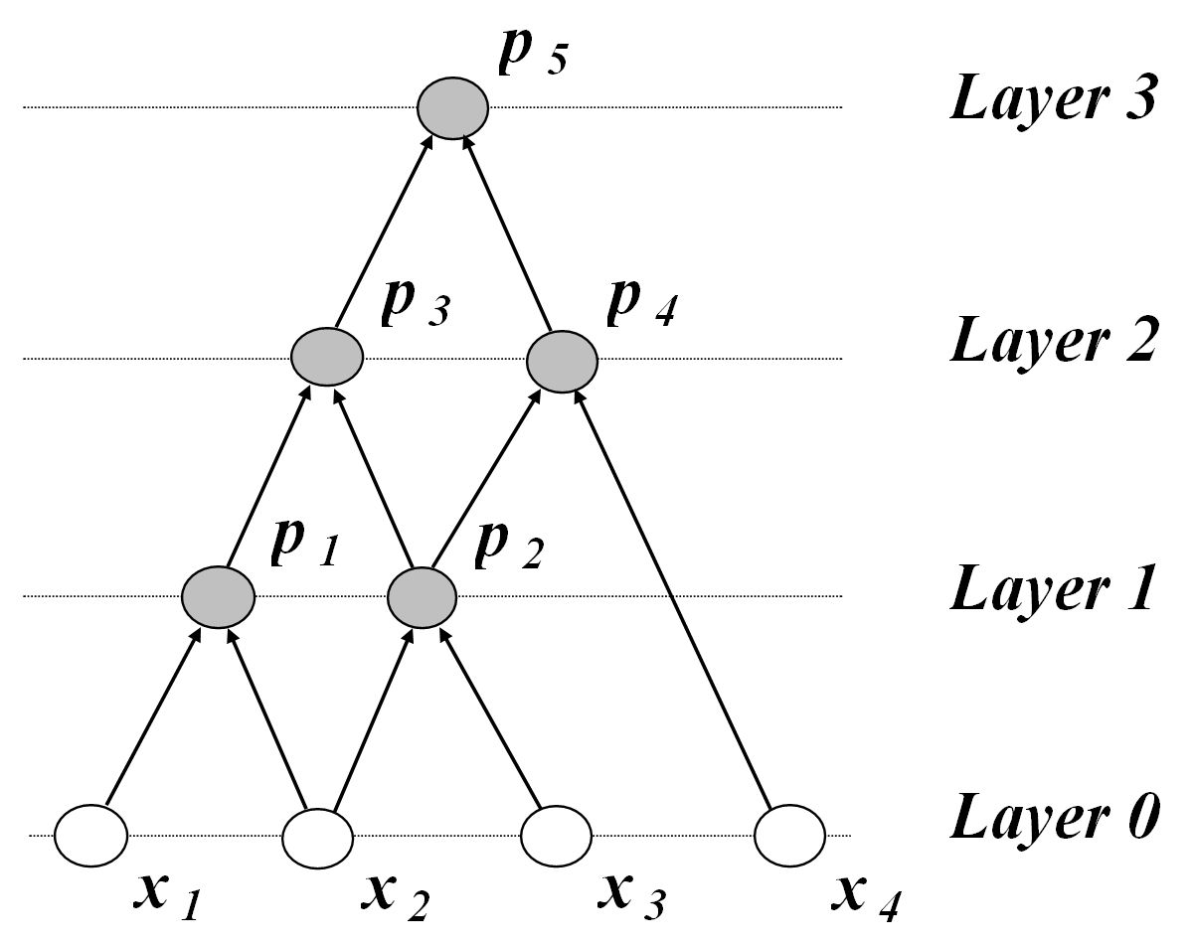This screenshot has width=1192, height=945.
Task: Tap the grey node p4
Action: coord(562,362)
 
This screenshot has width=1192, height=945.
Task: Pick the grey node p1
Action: coord(219,596)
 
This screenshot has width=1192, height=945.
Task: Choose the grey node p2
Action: coord(422,596)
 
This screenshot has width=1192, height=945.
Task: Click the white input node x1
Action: coord(91,835)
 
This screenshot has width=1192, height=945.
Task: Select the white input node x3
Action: coord(556,837)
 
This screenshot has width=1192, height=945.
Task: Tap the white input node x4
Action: coord(790,837)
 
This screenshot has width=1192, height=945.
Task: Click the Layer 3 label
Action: coord(1053,100)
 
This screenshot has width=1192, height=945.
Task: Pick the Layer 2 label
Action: coord(1053,341)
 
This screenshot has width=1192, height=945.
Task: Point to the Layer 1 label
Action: coord(1053,588)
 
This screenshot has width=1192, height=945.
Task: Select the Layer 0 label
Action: coord(1053,817)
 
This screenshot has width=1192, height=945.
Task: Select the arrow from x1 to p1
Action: coord(154,719)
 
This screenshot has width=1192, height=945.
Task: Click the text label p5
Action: coord(531,56)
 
